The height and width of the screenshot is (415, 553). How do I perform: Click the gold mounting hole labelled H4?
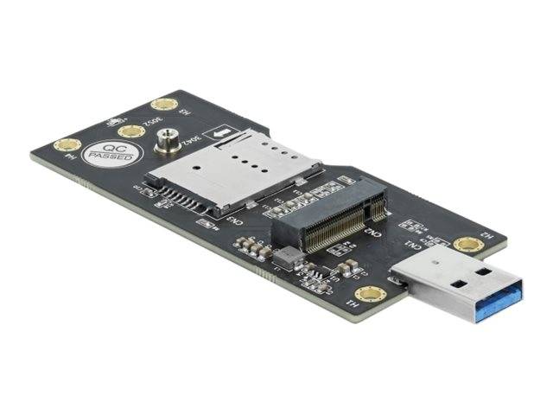click(x=65, y=145)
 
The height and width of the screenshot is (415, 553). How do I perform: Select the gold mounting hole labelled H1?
click(x=369, y=294)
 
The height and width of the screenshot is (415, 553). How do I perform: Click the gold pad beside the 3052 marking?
click(x=131, y=131)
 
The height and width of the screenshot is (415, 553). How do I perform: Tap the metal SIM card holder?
click(x=233, y=169)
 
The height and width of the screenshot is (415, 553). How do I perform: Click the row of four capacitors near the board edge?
click(x=251, y=249)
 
